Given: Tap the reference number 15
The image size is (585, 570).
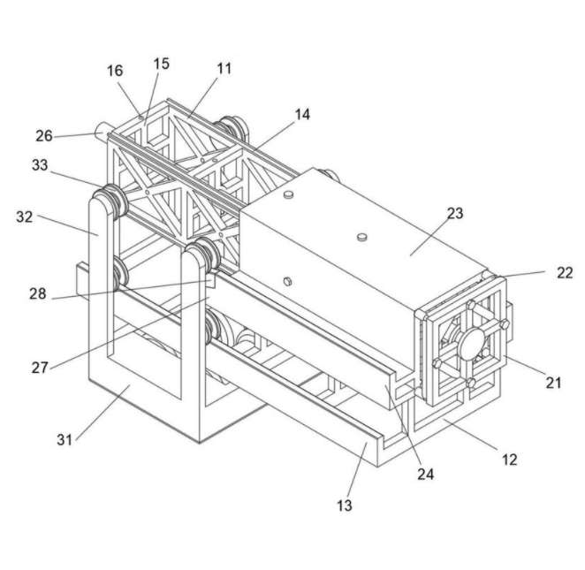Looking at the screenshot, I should click(161, 65).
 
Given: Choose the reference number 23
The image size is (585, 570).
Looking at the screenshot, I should click(454, 213).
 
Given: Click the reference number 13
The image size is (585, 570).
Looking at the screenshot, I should click(345, 505).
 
